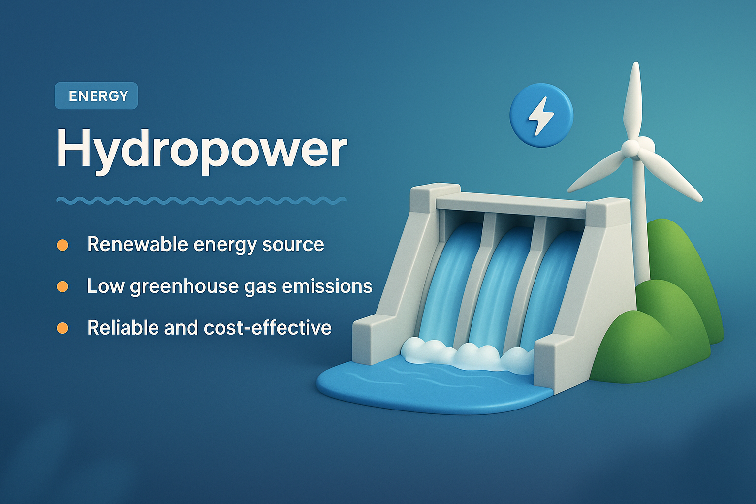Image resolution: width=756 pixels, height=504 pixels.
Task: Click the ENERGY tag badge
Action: click(x=96, y=96)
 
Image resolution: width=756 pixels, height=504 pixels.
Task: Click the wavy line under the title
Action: click(x=202, y=200)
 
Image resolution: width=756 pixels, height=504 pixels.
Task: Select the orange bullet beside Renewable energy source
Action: click(x=63, y=245)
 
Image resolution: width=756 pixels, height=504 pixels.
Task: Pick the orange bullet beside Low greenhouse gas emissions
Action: click(x=63, y=286)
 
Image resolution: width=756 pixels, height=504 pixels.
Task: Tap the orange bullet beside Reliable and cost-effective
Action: click(x=63, y=328)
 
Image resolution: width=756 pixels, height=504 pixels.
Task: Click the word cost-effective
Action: click(x=267, y=328)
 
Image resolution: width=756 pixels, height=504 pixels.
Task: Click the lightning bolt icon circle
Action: click(x=541, y=116)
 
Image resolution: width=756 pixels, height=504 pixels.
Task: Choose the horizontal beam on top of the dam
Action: click(x=512, y=203)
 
